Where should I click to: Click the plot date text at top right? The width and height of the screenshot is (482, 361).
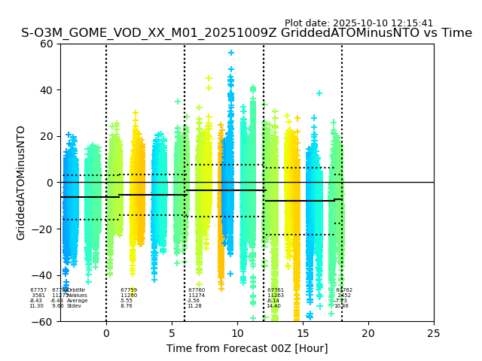(x=358, y=23)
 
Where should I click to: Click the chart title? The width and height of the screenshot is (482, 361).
(x=246, y=33)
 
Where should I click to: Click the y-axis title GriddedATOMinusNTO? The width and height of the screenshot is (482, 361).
(x=21, y=183)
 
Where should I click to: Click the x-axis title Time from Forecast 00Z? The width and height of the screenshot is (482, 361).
(x=247, y=348)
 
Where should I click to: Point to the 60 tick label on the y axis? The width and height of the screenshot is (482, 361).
(x=47, y=44)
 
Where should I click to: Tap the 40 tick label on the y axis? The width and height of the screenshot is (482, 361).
(x=47, y=90)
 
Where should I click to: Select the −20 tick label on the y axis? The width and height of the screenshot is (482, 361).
(x=44, y=229)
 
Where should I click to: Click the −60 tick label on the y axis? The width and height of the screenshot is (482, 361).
(x=44, y=322)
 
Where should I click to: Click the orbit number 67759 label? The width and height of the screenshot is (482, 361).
(x=128, y=290)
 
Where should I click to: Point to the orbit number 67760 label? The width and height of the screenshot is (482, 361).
(x=197, y=290)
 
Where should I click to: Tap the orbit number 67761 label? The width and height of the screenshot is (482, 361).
(x=275, y=290)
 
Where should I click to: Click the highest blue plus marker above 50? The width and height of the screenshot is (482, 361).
(x=231, y=53)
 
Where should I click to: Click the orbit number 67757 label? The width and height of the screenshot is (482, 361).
(x=38, y=290)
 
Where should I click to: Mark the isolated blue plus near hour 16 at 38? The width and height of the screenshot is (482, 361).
(x=319, y=93)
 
